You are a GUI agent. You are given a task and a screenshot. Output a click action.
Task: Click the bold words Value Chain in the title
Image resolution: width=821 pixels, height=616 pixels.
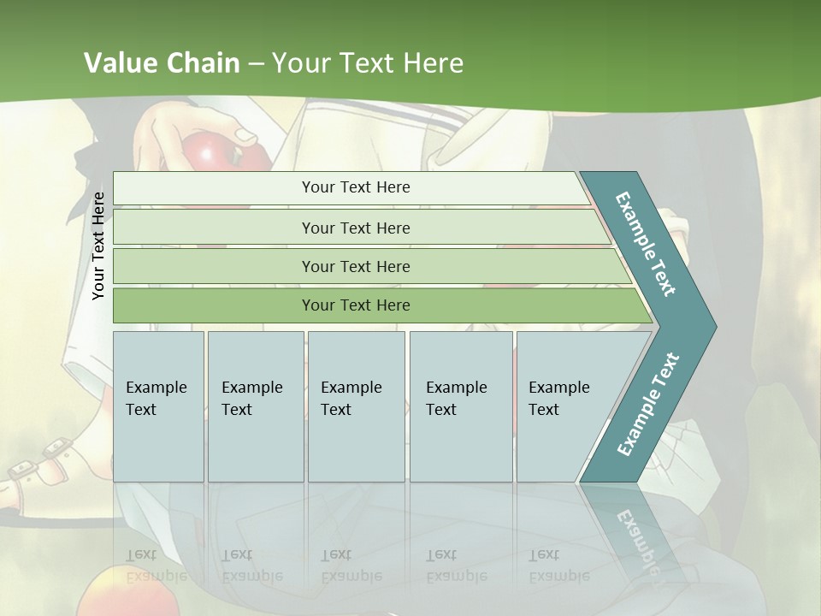162,63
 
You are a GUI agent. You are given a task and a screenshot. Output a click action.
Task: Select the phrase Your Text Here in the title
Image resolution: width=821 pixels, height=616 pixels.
368,63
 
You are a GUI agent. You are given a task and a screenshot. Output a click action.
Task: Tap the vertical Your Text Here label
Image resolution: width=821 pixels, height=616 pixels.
98,246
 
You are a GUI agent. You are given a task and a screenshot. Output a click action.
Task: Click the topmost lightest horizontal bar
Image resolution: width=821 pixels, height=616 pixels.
355,187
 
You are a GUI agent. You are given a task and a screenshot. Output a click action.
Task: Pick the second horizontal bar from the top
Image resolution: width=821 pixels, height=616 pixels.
355,228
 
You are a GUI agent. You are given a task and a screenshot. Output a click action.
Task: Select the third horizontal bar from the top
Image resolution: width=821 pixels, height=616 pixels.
355,266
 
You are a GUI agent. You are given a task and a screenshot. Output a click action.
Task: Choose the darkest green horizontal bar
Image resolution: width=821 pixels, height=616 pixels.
355,305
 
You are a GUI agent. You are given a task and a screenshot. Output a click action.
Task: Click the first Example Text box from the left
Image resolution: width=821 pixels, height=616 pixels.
158,406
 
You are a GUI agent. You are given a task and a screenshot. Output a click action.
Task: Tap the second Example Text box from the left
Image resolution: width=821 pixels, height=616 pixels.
255,406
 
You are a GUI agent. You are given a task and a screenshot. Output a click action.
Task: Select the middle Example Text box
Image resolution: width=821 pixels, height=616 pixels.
356,406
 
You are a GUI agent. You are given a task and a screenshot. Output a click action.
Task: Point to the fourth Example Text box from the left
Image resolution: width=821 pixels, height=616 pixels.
461,406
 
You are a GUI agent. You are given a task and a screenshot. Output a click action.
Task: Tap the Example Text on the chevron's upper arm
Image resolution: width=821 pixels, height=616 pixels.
646,245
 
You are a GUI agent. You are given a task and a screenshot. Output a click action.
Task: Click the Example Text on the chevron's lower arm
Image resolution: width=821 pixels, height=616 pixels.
648,405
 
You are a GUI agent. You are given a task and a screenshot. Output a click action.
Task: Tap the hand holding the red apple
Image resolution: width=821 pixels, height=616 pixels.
184,128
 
